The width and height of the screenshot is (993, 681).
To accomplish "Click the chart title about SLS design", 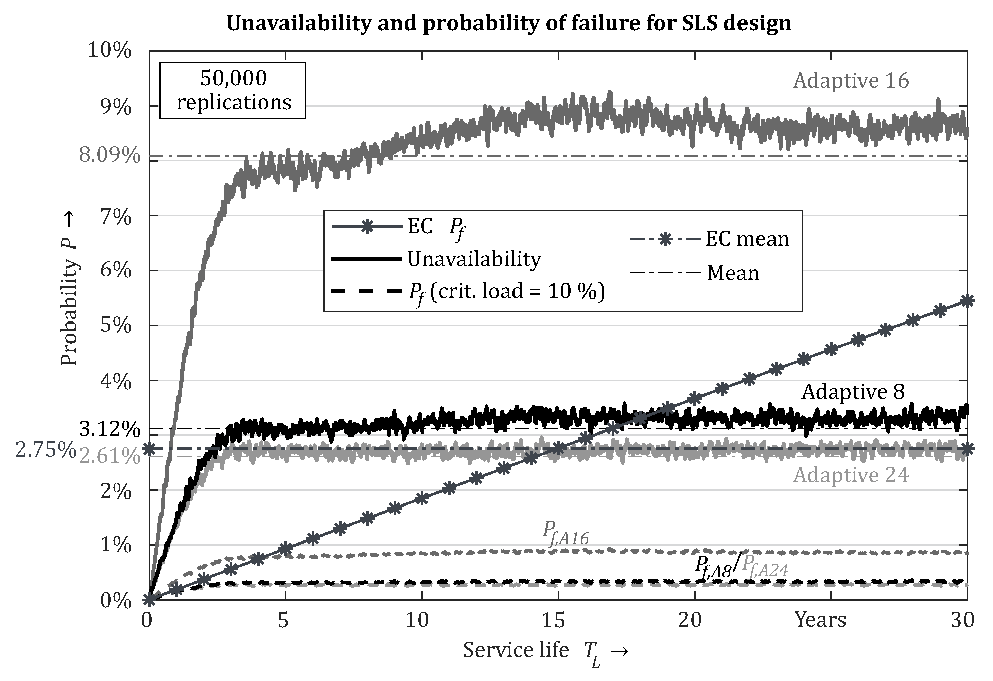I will pos(508,23).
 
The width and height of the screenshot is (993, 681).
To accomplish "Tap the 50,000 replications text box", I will pos(233,91).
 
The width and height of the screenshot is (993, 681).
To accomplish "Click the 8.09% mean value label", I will pos(110,156).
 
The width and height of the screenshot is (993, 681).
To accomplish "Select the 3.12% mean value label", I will pos(110,429).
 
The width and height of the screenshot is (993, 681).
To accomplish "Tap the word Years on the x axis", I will pos(820,620).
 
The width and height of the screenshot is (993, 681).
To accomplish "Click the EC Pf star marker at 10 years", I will pos(422,498).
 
